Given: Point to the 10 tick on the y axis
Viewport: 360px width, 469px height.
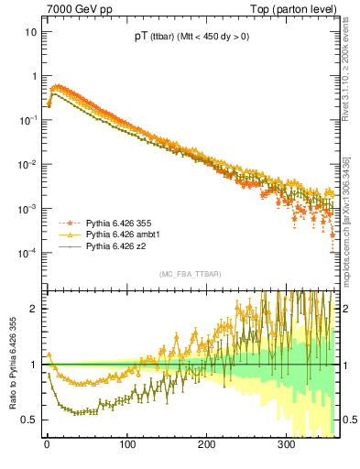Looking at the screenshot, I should (x=28, y=31).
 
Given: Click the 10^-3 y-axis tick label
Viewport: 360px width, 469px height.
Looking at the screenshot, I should (x=27, y=208).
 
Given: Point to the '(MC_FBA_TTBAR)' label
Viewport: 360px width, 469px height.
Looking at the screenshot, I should (x=189, y=274).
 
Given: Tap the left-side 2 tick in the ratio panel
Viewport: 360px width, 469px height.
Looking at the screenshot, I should (x=32, y=309).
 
